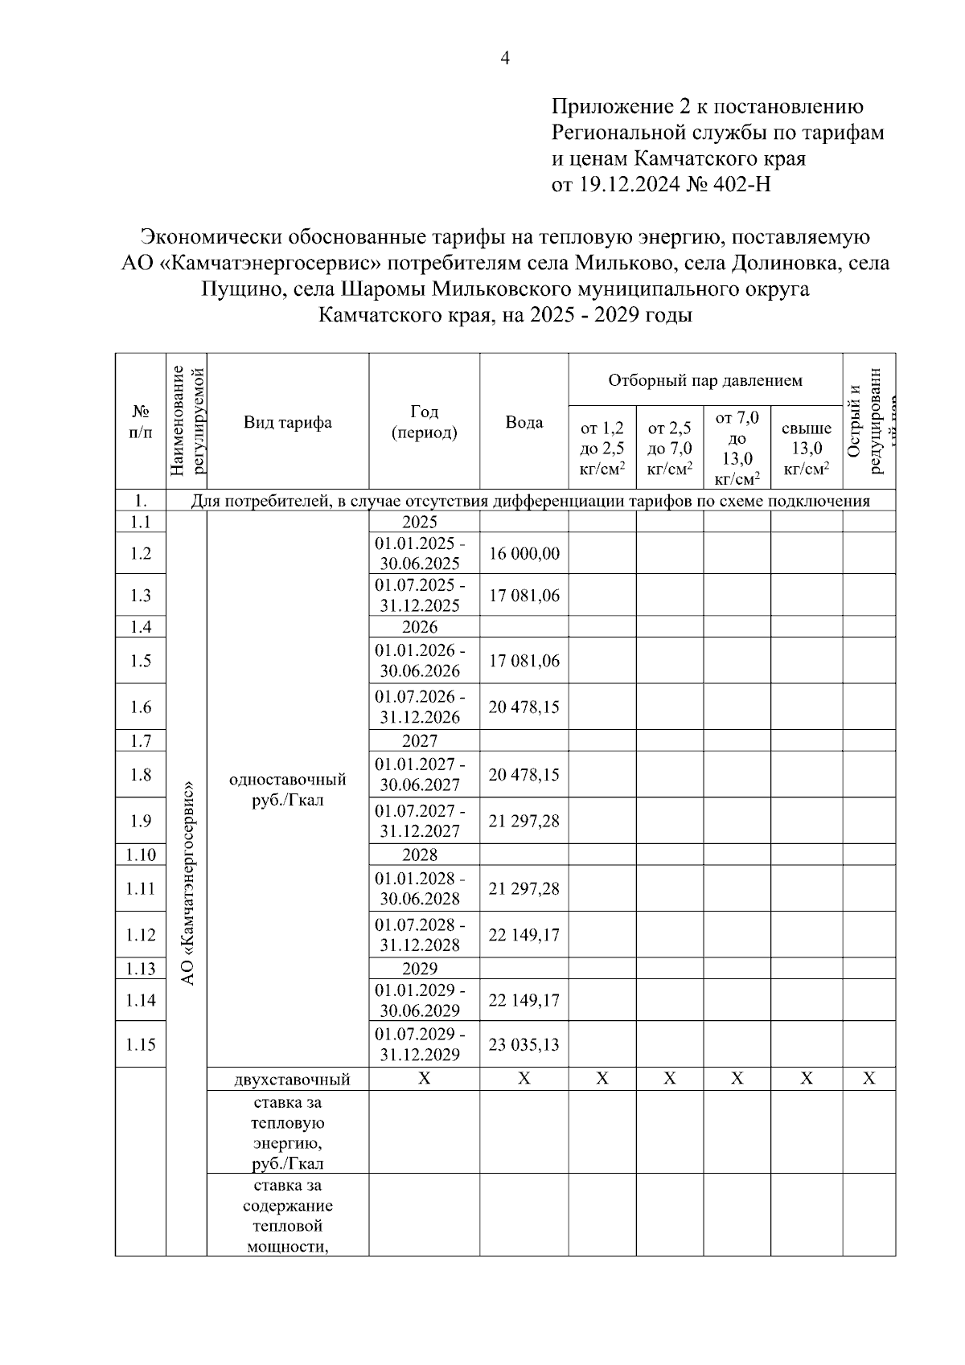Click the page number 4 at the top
pos(505,58)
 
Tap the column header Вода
pos(524,422)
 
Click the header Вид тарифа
pos(288,422)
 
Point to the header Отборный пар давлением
pos(704,380)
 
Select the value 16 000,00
pos(524,554)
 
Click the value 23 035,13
pos(524,1044)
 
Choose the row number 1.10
pos(141,855)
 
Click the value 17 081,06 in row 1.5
pos(524,661)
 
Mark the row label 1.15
pos(141,1044)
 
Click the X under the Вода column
pos(524,1079)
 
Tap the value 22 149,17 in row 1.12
pos(524,935)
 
